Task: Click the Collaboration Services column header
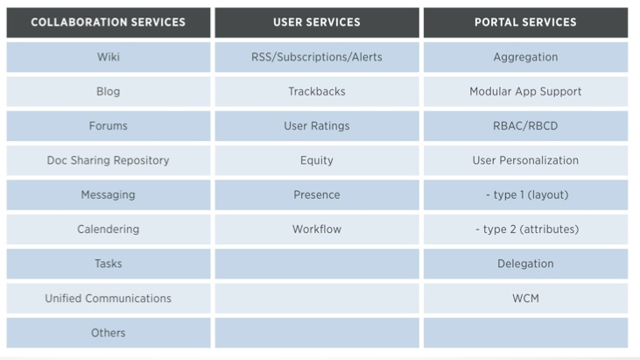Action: tap(109, 23)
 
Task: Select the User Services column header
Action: tap(317, 23)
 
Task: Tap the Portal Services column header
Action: tap(525, 23)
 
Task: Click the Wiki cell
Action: tap(109, 57)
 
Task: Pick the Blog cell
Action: tap(109, 91)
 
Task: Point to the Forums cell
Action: tap(109, 126)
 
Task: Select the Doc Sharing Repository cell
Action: tap(109, 160)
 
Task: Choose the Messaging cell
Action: tap(109, 194)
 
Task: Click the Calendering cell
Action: tap(109, 229)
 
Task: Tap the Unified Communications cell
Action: tap(109, 299)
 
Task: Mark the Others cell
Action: tap(109, 333)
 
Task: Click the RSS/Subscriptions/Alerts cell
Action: tap(317, 57)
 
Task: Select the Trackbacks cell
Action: tap(317, 91)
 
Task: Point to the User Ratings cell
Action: tap(317, 126)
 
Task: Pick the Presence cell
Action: tap(317, 194)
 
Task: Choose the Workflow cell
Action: tap(317, 229)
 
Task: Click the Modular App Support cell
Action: tap(525, 91)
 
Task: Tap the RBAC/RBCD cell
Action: tap(525, 126)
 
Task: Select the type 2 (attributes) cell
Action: tap(525, 229)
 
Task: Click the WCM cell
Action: tap(525, 299)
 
